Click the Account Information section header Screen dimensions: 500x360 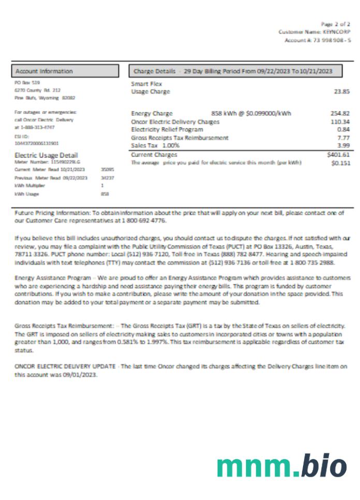coord(44,71)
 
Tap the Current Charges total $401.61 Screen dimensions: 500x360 coord(339,154)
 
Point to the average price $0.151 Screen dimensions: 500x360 coord(341,163)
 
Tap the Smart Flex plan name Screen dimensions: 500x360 coord(147,83)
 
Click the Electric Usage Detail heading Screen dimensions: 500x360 coord(46,155)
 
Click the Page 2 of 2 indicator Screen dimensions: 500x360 coord(335,24)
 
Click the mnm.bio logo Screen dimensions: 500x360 coord(281,466)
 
